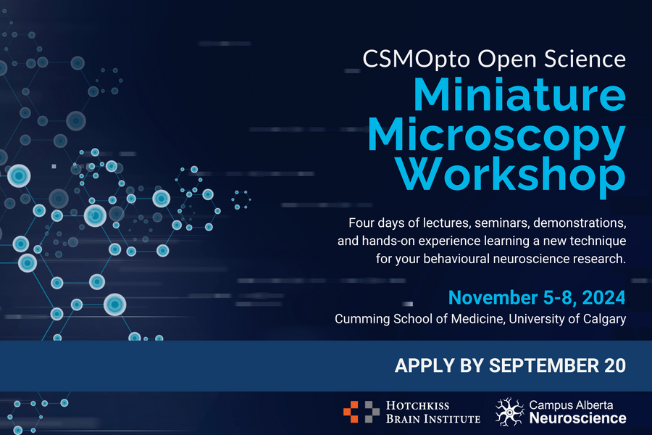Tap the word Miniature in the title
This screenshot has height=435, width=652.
pos(519,94)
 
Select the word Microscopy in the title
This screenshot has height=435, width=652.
pos(496,137)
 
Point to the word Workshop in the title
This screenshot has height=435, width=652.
pos(511,175)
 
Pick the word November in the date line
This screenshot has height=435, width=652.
pos(493,298)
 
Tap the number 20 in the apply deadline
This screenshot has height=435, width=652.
pos(615,365)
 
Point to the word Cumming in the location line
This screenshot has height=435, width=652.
pos(363,319)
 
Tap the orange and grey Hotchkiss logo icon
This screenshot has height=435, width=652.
pos(361,412)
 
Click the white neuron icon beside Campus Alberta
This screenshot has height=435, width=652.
pos(510,412)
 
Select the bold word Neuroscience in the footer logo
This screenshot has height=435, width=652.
pos(577,418)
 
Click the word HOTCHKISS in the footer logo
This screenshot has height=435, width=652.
pos(417,406)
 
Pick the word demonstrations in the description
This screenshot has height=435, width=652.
pos(580,223)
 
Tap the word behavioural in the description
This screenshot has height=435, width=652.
pos(456,259)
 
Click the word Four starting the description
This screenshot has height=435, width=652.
pos(361,223)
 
